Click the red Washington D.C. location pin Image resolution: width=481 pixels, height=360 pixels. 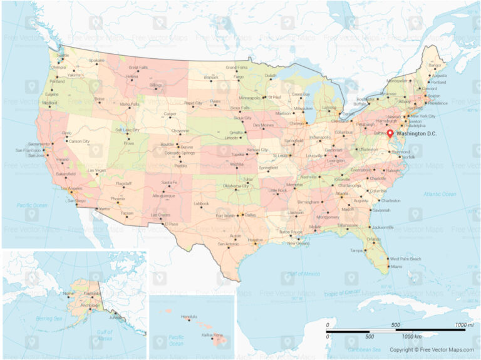point(390,133)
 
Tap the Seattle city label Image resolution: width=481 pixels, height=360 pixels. point(63,55)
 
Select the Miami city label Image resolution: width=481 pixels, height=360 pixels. point(396,267)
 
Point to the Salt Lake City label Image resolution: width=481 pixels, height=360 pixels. point(127,130)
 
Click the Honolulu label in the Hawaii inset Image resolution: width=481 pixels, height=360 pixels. point(189,317)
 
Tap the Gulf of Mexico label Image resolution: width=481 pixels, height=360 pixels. point(300,274)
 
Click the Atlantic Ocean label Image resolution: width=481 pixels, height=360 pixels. point(440,194)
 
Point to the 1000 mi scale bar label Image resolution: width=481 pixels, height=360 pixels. point(464,325)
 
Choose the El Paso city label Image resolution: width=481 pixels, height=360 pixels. point(172,224)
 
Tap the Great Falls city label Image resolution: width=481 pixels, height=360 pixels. point(138,68)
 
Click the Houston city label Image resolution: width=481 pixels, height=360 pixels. point(255,240)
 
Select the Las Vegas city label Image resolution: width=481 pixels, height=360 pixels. point(96,170)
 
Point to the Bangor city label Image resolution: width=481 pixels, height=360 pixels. point(435,65)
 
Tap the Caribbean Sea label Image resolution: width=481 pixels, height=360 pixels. point(365,349)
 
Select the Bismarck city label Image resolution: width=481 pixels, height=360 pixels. point(210,78)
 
